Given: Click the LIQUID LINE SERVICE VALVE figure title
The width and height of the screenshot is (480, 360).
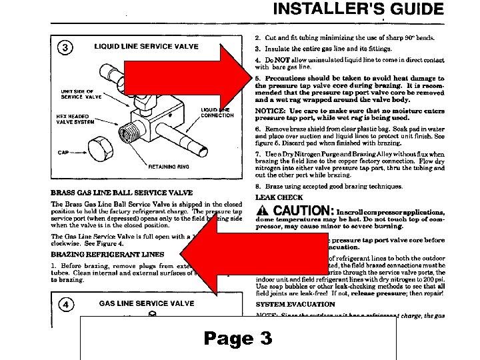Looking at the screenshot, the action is click(146, 47).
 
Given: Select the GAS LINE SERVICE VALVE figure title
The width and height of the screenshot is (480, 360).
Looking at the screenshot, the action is click(147, 303).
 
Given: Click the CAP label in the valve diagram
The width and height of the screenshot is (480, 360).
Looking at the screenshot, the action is click(63, 153).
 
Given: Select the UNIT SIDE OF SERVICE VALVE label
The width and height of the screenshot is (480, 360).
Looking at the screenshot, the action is click(80, 95).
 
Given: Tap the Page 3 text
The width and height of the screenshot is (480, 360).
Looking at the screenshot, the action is click(238, 339).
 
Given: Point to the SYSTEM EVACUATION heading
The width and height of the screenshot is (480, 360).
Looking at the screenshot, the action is click(295, 304).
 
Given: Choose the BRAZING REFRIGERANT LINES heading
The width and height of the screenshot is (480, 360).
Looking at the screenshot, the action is click(107, 254).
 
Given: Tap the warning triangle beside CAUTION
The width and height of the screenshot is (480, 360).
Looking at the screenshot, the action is click(262, 211).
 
